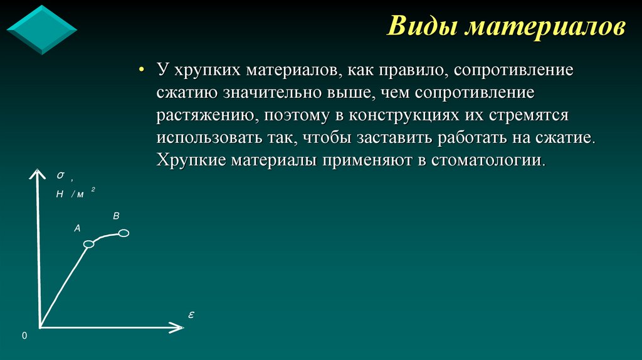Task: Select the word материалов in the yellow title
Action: (543, 28)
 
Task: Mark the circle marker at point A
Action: (89, 243)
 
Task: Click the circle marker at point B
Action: (124, 233)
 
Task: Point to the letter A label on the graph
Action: (78, 228)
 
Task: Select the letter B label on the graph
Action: (116, 216)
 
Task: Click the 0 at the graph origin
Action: (24, 336)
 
